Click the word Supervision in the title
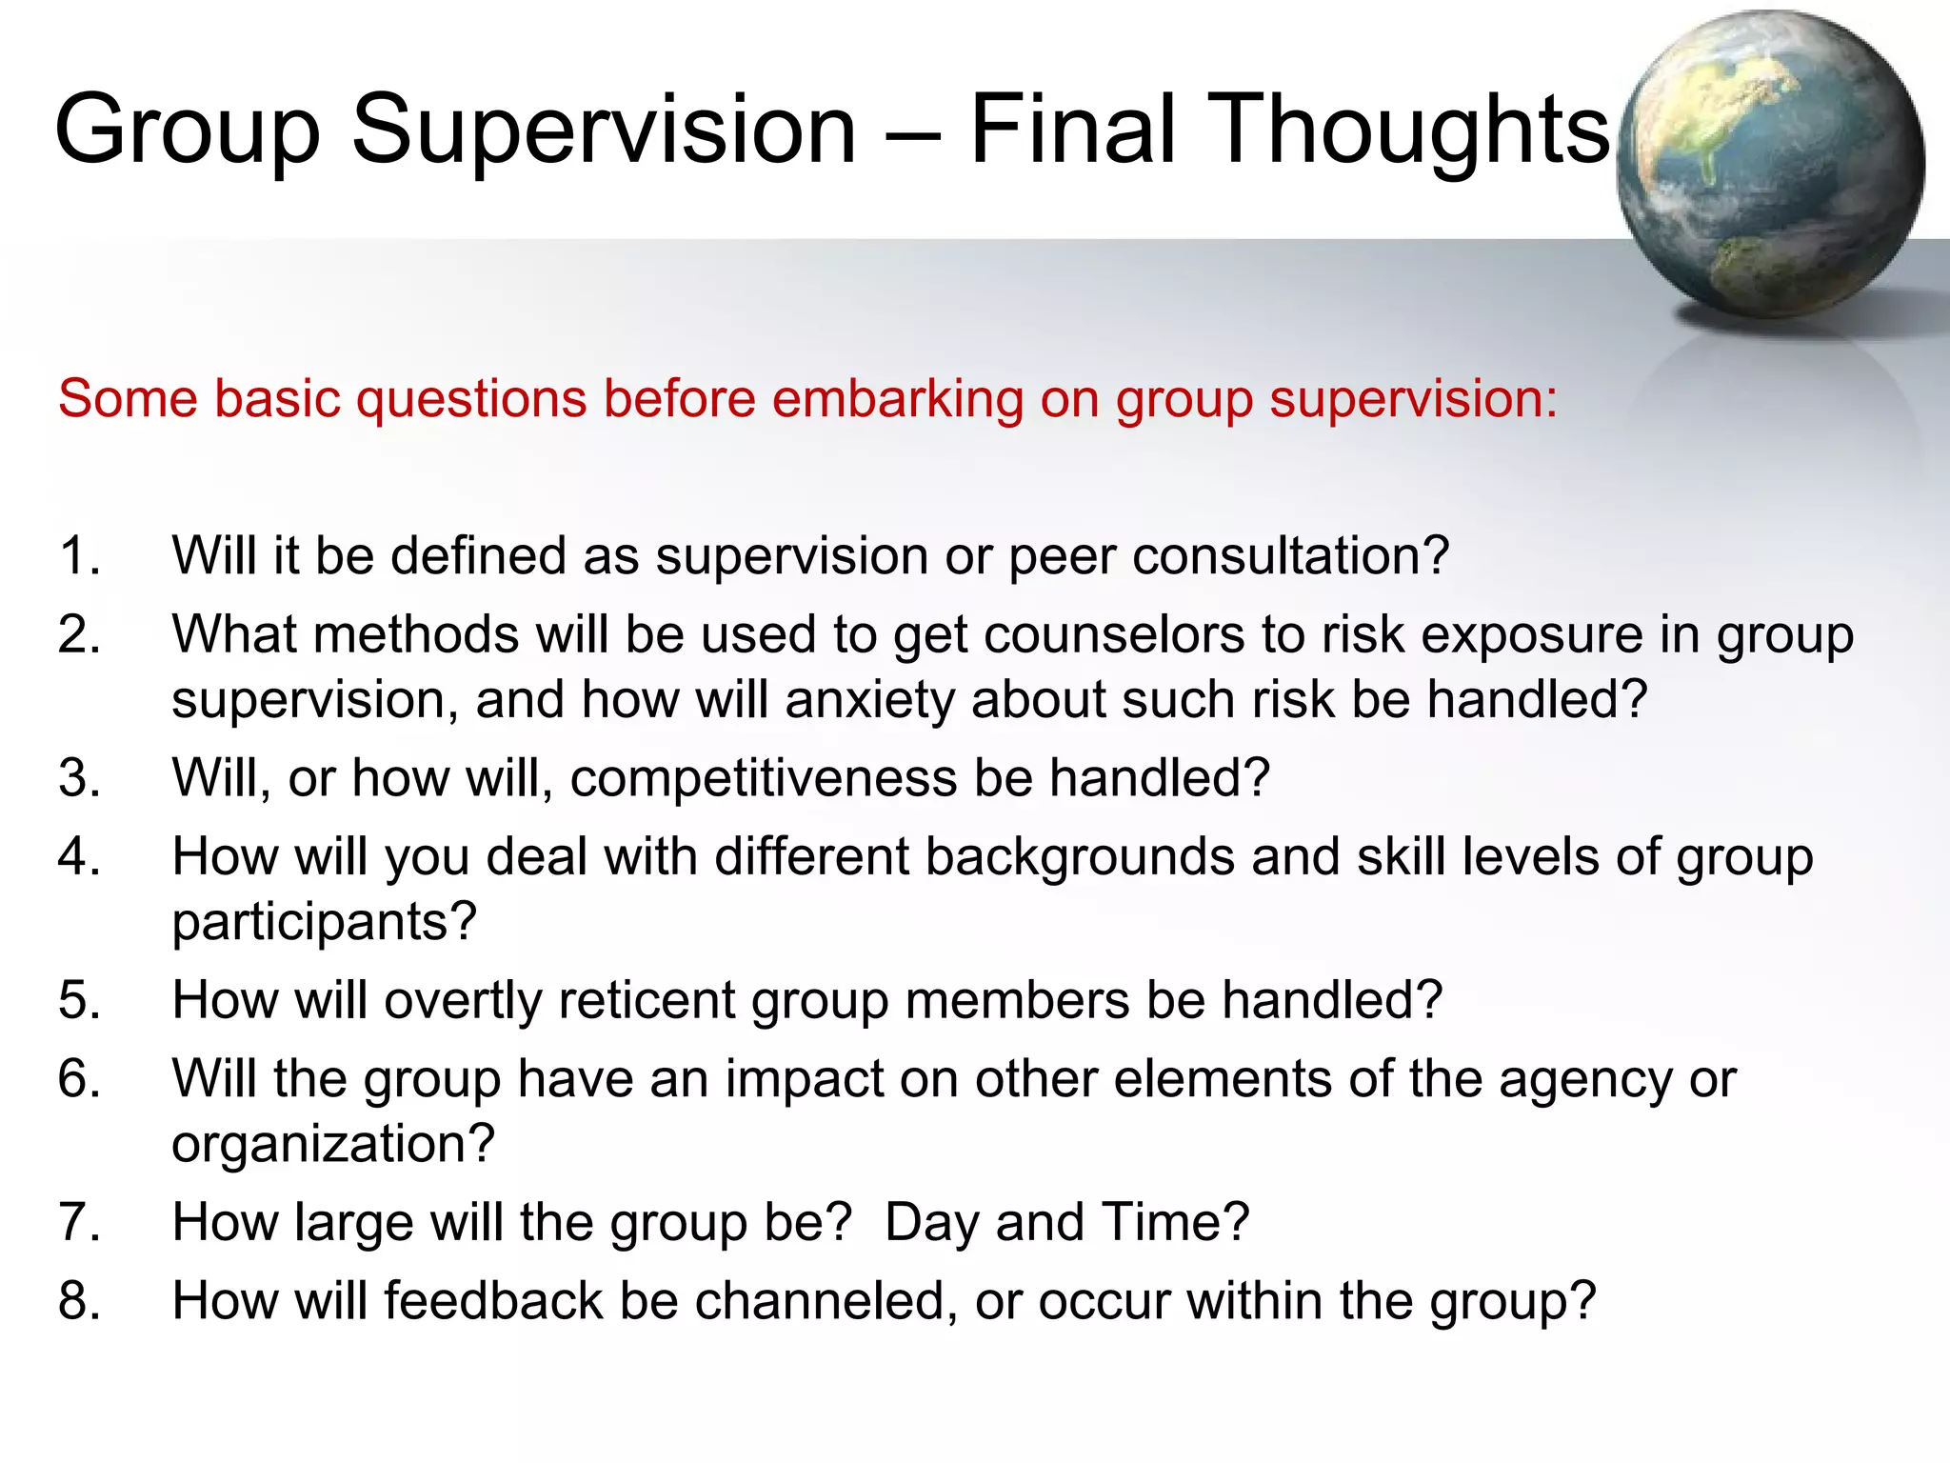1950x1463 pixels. coord(604,130)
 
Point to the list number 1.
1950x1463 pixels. coord(78,555)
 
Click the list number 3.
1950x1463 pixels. coord(78,778)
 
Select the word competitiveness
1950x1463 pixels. coord(763,778)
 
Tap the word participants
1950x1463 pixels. coord(323,922)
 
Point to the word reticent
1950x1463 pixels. coord(647,1001)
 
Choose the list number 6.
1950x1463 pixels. coord(78,1079)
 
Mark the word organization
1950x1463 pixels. coord(332,1144)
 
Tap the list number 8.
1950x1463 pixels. coord(78,1301)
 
